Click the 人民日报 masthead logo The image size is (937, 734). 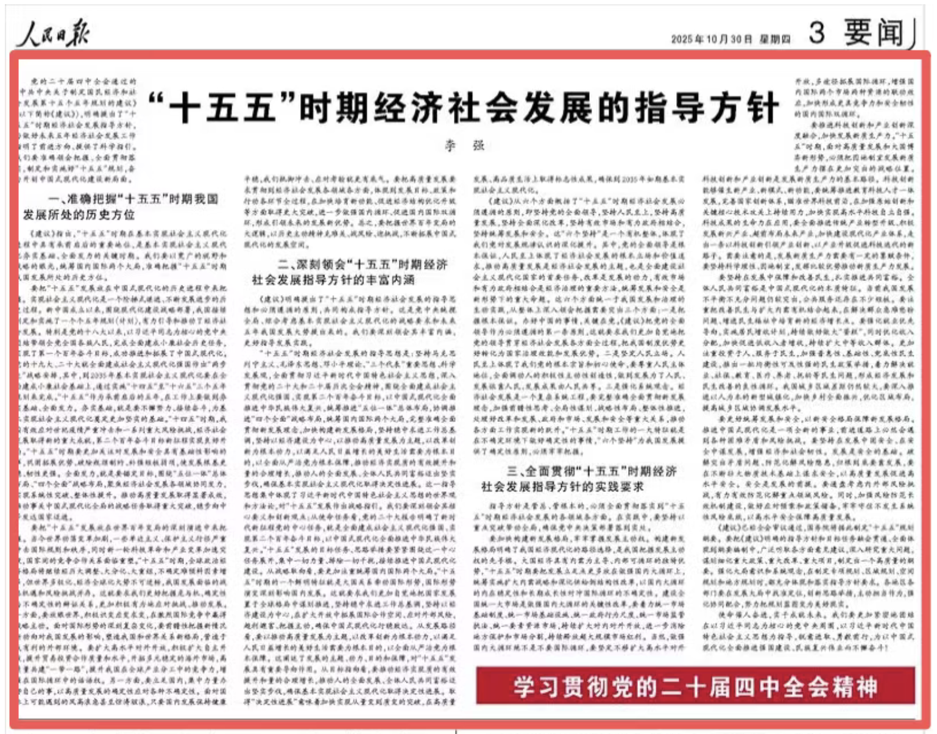coord(53,33)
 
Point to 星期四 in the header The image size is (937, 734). coord(775,39)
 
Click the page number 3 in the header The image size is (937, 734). coord(817,32)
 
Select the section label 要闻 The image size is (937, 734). coord(874,32)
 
